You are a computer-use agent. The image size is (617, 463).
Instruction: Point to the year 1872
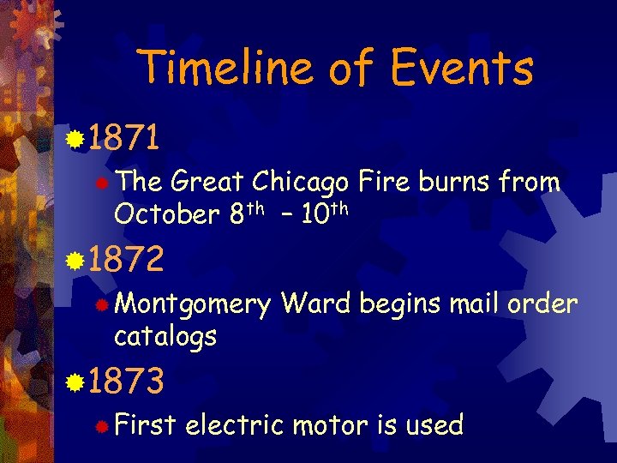coord(125,259)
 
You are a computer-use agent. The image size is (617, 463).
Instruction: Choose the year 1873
coord(125,382)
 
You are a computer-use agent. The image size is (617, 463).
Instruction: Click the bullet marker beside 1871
coord(77,137)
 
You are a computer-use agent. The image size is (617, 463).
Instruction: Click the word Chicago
coord(299,183)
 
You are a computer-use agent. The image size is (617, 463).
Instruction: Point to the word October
coord(167,214)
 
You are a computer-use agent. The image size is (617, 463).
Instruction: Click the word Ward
coord(316,304)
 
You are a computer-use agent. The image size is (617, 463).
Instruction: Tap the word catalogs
coord(165,336)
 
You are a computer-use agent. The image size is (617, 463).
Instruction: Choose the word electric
coord(233,425)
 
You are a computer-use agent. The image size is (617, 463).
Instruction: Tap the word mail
coord(473,304)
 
